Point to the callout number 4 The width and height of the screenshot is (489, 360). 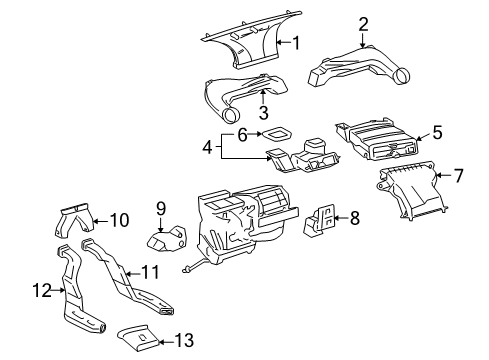207,148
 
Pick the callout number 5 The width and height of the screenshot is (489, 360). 435,131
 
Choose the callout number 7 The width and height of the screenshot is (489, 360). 458,176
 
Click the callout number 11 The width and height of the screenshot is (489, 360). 150,271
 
